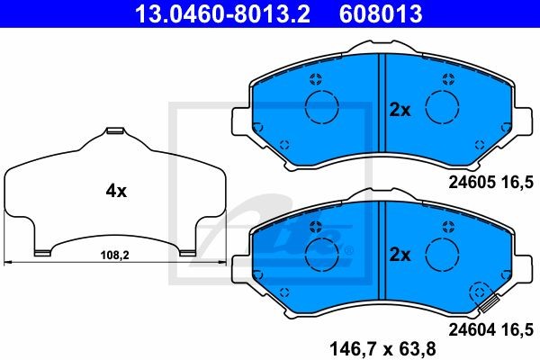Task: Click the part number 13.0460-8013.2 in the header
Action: coord(222,13)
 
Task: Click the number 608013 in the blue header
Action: coord(381,13)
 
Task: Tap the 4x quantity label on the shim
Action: coord(116,191)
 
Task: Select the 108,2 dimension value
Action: coord(114,256)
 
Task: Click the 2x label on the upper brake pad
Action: coord(400,110)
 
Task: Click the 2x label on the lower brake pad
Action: coord(400,255)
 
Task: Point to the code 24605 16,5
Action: coord(490,182)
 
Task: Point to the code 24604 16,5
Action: coord(490,329)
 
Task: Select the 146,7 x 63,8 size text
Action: coord(382,349)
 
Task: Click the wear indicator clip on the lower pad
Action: coord(490,304)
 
